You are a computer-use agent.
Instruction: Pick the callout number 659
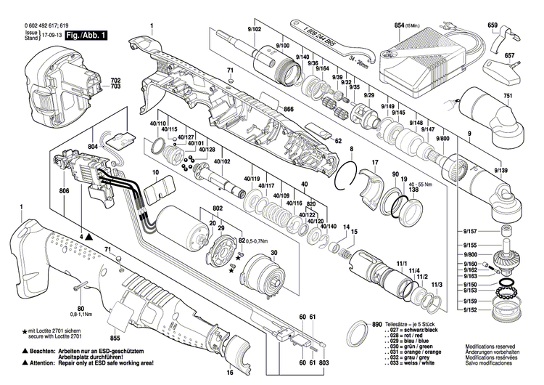(493, 25)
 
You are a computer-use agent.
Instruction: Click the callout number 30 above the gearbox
(273, 252)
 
